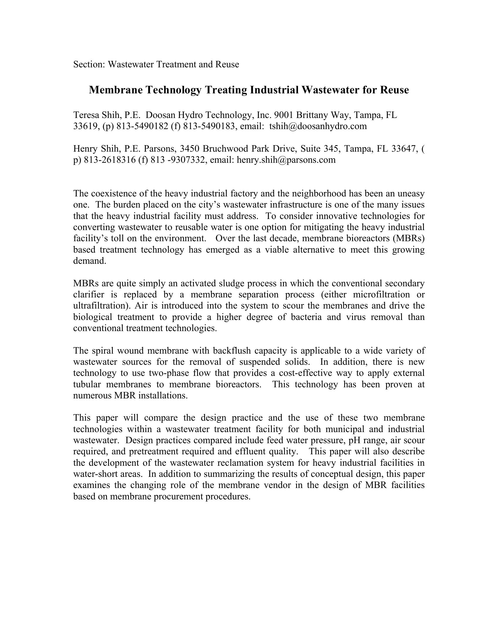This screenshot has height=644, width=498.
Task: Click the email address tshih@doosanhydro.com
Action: (318, 126)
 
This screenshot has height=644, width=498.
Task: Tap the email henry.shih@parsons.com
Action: (286, 160)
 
